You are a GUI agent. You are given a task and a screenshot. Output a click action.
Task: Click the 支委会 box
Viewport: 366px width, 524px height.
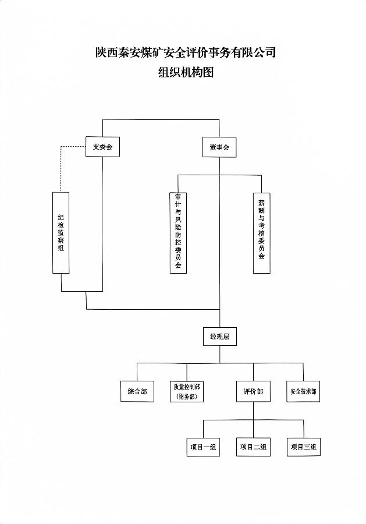click(102, 147)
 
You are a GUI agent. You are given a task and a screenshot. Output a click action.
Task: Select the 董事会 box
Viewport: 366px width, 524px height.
click(219, 147)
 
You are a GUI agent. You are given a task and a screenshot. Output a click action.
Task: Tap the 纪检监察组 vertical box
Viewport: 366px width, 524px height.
click(61, 233)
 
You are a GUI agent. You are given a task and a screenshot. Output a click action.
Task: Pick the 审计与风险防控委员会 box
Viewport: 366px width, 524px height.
click(178, 233)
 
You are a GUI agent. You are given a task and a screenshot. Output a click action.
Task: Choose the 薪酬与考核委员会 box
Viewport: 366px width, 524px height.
click(261, 233)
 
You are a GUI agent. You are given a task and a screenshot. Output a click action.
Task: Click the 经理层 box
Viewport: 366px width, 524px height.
click(219, 337)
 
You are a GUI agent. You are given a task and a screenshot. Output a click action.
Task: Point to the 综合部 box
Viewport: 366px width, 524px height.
click(137, 392)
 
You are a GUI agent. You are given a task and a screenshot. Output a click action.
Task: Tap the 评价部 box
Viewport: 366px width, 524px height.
click(253, 392)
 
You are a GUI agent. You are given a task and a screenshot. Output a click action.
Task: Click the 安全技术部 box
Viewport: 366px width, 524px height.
click(303, 392)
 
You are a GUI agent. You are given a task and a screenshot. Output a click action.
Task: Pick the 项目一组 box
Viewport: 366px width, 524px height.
click(203, 447)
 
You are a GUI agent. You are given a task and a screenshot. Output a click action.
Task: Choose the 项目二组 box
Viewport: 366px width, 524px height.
click(253, 447)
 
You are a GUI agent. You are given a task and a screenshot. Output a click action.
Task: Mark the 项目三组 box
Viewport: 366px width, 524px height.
click(303, 447)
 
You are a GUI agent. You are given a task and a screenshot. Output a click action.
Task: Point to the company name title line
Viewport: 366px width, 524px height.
click(185, 53)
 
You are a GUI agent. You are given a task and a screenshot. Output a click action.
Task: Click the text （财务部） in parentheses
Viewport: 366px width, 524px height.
click(187, 397)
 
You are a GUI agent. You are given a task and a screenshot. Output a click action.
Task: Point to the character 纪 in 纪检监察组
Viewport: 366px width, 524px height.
click(61, 217)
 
